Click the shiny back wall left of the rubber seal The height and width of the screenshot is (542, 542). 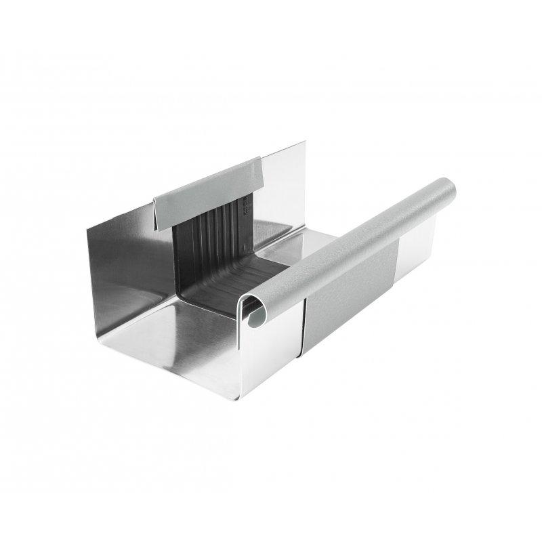click(x=129, y=257)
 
